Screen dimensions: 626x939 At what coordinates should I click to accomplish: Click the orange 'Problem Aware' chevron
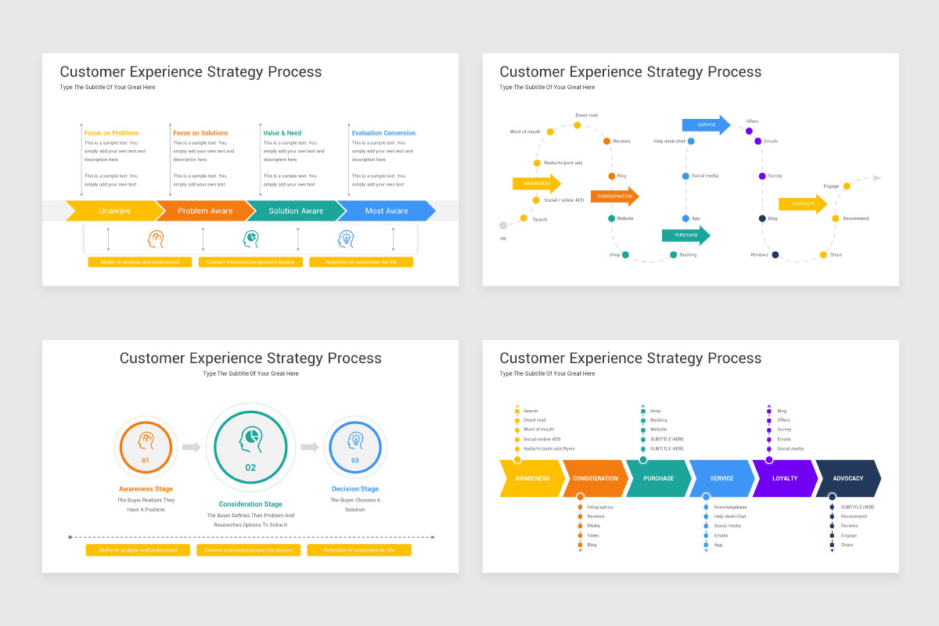coord(205,210)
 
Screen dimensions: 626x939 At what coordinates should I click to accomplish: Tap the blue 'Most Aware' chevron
coord(387,210)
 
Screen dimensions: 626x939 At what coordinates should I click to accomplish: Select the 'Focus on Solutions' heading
coord(200,133)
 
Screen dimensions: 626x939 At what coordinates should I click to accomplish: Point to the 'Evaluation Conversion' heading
coord(383,133)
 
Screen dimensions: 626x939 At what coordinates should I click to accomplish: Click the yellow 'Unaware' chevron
coord(114,210)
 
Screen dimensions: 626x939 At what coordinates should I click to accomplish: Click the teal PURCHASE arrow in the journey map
coord(685,235)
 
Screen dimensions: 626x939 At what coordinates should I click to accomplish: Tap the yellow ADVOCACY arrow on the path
coord(802,203)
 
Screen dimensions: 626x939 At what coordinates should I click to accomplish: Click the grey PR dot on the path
coord(503,225)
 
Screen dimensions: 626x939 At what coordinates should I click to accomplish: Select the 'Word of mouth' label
coord(525,131)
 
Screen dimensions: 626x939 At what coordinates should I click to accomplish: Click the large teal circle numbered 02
coord(250,448)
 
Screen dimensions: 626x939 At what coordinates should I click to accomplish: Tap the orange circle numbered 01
coord(146,447)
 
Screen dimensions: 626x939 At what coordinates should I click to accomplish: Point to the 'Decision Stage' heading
coord(354,489)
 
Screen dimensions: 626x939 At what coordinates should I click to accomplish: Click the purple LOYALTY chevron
coord(784,478)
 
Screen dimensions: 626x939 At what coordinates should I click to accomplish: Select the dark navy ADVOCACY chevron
coord(847,478)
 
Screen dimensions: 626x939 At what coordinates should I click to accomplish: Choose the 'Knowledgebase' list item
coord(730,507)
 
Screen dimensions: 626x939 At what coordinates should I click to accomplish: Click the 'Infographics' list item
coord(600,507)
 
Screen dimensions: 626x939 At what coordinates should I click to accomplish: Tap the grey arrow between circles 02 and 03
coord(309,448)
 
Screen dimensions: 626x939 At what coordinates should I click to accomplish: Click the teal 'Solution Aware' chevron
coord(296,210)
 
